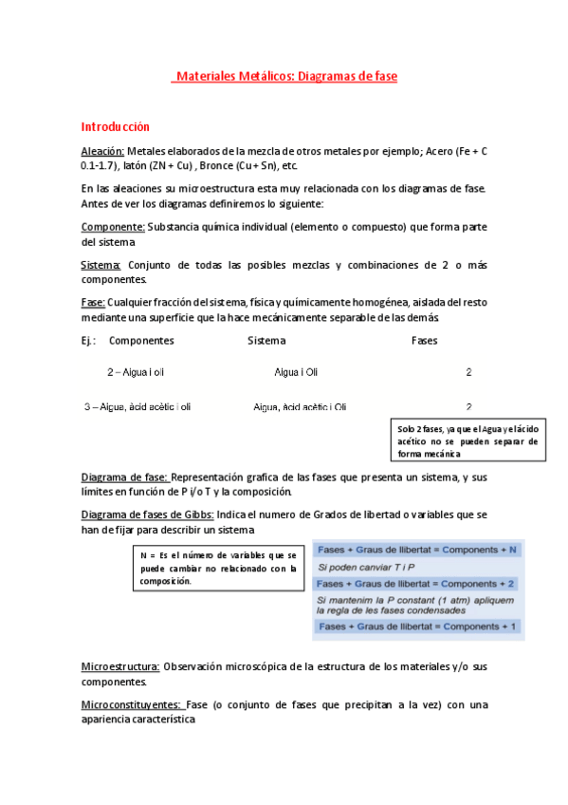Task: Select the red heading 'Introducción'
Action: click(x=116, y=126)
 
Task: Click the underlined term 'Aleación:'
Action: click(x=102, y=151)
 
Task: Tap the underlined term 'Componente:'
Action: click(x=113, y=227)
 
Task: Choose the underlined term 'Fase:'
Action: click(x=93, y=302)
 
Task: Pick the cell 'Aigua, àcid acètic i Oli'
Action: click(x=300, y=406)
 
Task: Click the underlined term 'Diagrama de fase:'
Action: click(x=125, y=477)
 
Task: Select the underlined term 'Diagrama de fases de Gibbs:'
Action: click(x=148, y=515)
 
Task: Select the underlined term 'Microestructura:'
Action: click(x=120, y=667)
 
